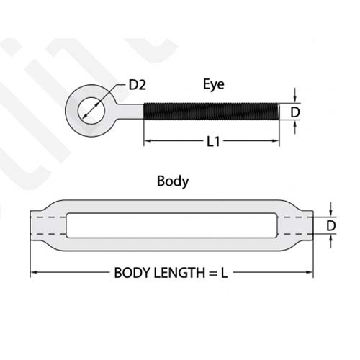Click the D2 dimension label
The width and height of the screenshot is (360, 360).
(x=137, y=85)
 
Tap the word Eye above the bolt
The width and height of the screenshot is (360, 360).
(x=214, y=84)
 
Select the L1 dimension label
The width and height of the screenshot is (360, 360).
(x=213, y=142)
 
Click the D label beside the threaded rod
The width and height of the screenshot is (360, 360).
(x=295, y=112)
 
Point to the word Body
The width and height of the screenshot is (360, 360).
(x=173, y=181)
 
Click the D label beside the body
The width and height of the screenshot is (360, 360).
(x=331, y=226)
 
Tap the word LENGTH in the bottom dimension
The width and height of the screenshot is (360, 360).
(x=179, y=273)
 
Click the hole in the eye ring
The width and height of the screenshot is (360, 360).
(x=91, y=111)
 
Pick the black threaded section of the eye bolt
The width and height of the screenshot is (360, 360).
(x=212, y=111)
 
